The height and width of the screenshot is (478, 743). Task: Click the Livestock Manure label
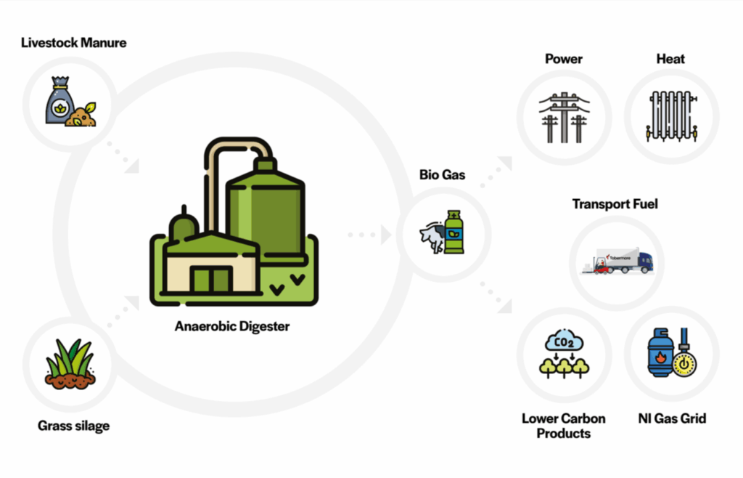coord(73,43)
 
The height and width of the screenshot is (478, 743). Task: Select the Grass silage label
coord(73,426)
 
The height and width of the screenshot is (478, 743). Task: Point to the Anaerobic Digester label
coord(231,327)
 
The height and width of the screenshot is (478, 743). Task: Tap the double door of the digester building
coord(211,280)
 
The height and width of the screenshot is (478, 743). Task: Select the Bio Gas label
coord(442,175)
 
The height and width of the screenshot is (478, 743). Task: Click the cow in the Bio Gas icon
coord(433,236)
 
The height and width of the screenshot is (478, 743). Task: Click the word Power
coord(563,59)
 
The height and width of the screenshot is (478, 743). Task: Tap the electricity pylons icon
coord(563,116)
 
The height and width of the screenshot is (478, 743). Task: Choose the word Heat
coord(670,59)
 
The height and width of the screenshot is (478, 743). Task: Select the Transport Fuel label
coord(615,204)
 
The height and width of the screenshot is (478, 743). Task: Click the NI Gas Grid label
coord(671,418)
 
